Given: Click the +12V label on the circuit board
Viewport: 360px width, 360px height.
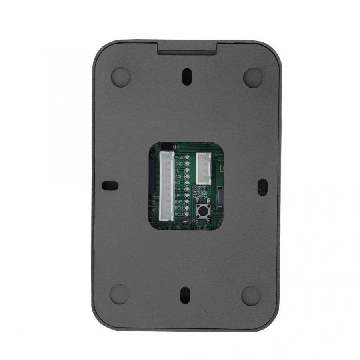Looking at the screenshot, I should tap(179, 157).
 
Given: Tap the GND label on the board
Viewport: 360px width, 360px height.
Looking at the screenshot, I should tap(179, 164).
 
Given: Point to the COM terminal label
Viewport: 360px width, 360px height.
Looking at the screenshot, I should tap(179, 176).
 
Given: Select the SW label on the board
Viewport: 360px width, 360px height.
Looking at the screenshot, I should tap(178, 188).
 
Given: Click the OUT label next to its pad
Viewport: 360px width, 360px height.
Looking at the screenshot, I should tap(178, 201).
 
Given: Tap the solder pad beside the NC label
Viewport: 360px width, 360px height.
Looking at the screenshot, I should tap(187, 170).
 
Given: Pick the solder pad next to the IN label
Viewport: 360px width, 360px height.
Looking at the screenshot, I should tap(187, 195).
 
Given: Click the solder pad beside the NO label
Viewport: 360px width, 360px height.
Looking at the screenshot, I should tap(187, 182).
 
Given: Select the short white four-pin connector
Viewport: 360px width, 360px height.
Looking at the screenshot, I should tap(203, 168).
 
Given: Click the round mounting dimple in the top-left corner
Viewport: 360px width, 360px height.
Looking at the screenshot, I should tap(120, 77).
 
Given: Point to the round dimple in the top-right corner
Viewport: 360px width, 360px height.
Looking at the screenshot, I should tap(253, 77).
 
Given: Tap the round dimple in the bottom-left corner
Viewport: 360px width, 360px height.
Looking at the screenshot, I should tap(119, 294).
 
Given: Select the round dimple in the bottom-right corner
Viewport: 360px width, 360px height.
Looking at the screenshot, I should tap(251, 296).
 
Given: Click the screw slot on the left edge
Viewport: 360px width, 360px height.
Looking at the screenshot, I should tap(110, 186).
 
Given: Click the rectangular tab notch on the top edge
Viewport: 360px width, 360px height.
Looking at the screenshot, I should tap(187, 47).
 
